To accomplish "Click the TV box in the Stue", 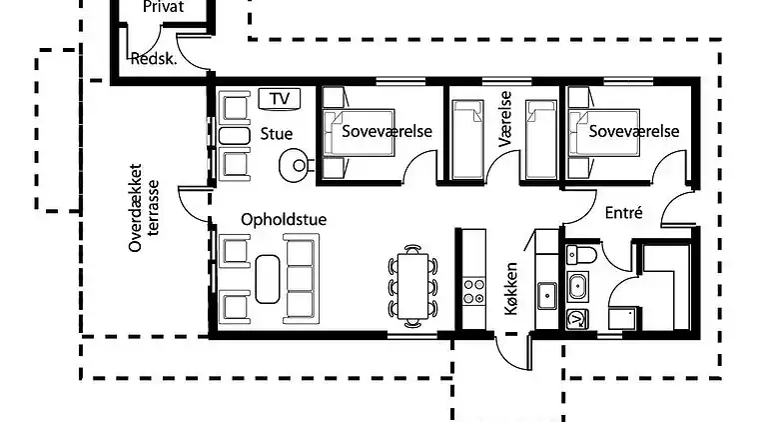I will (x=280, y=98).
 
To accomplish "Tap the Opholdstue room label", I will (x=284, y=219).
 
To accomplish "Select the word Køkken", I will (x=510, y=289).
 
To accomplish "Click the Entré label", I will (x=623, y=212).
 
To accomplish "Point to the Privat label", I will (x=164, y=7).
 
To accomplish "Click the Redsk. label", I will (x=154, y=59).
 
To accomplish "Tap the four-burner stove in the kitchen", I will (x=471, y=291).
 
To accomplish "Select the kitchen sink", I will (x=547, y=295).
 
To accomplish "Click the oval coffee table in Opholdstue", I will (x=267, y=278).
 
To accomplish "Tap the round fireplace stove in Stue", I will (x=296, y=162).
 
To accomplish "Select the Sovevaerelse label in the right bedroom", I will (x=633, y=131).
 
